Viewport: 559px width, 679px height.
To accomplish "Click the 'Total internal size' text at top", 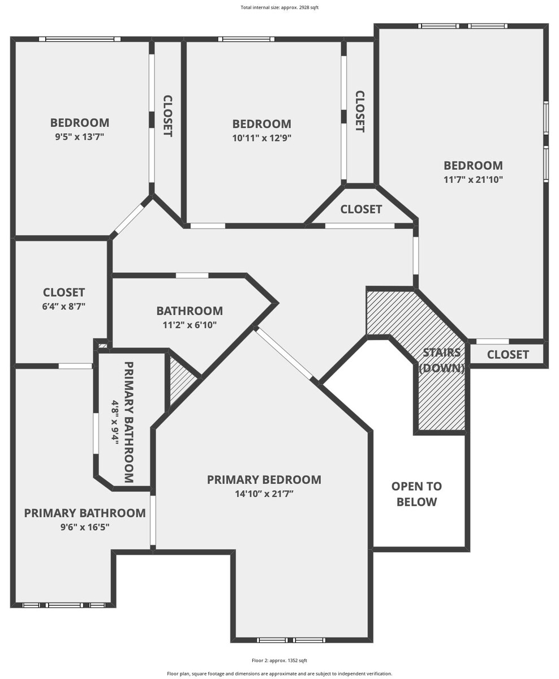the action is (x=279, y=7).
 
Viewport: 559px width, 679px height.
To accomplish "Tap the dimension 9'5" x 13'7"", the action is (x=80, y=137).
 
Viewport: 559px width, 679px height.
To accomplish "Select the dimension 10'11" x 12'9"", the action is (x=262, y=138).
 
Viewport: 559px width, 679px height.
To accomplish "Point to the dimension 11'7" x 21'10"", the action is (x=473, y=179).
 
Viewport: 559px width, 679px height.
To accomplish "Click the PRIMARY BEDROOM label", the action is (x=264, y=480).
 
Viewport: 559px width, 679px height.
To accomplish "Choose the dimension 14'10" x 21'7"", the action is (x=264, y=494).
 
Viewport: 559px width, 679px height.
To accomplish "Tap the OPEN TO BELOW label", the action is (x=416, y=494).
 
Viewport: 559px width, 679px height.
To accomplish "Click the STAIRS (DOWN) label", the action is (x=442, y=360).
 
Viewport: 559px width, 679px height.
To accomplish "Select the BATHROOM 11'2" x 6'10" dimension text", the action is (x=190, y=325).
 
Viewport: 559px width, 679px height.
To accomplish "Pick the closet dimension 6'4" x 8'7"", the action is (x=64, y=306).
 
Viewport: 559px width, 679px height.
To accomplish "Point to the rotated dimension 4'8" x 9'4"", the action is (x=115, y=422).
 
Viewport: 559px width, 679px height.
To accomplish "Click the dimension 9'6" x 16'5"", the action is (x=85, y=527).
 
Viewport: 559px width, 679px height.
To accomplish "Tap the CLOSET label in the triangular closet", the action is (x=361, y=209).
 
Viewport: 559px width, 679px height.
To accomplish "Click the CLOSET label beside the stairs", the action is (x=508, y=354).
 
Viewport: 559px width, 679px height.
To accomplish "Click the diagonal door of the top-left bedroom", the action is (x=130, y=218).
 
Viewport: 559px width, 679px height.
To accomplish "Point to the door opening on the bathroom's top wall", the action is (x=192, y=276).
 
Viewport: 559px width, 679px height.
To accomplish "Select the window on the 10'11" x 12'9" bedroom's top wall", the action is (x=246, y=39).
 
